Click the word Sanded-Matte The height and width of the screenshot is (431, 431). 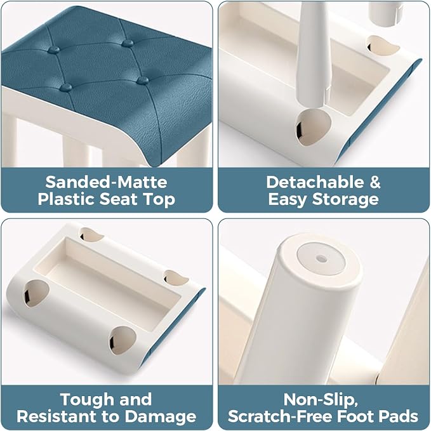point(106,182)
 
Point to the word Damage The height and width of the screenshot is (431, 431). point(161,417)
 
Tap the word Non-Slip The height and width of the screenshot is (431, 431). point(321,400)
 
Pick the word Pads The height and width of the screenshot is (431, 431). point(399,416)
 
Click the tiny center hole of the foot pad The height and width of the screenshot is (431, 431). point(321,258)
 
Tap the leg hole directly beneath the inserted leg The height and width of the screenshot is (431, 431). point(313,127)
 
